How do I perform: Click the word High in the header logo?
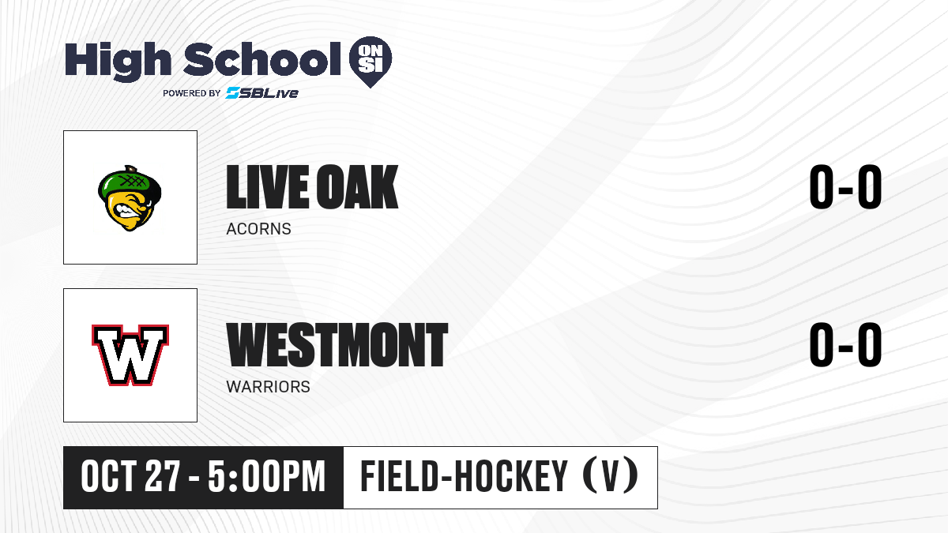pyautogui.click(x=118, y=61)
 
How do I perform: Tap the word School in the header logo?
pyautogui.click(x=262, y=58)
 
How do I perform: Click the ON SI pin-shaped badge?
pyautogui.click(x=371, y=62)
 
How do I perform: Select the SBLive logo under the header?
pyautogui.click(x=262, y=92)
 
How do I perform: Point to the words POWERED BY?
pyautogui.click(x=192, y=93)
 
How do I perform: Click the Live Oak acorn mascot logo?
pyautogui.click(x=130, y=198)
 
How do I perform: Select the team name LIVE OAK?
pyautogui.click(x=312, y=187)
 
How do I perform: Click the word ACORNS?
pyautogui.click(x=258, y=229)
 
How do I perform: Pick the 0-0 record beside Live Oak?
pyautogui.click(x=845, y=186)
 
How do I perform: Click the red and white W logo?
pyautogui.click(x=130, y=355)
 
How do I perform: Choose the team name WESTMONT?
pyautogui.click(x=337, y=345)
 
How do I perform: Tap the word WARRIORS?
pyautogui.click(x=269, y=387)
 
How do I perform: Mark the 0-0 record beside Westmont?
pyautogui.click(x=845, y=344)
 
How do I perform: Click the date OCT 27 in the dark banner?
pyautogui.click(x=131, y=477)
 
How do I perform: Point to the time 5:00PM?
pyautogui.click(x=267, y=477)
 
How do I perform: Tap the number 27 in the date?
pyautogui.click(x=163, y=477)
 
